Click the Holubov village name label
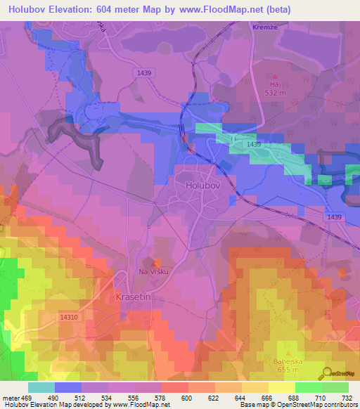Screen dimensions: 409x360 [203, 186]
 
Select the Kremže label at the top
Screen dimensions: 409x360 [262, 26]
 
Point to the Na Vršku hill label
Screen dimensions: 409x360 [154, 271]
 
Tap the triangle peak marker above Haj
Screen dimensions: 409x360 [275, 76]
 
